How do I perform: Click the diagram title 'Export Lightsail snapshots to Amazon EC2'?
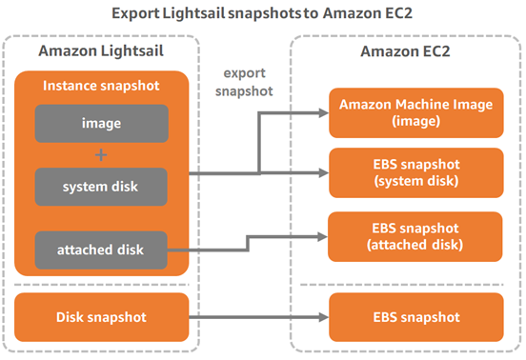click(x=262, y=14)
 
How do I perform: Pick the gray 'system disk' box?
click(x=102, y=186)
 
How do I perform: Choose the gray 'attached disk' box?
click(x=102, y=250)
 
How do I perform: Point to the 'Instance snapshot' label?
click(x=101, y=87)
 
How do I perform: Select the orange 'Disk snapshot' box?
click(x=102, y=315)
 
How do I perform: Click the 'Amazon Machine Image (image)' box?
click(x=414, y=113)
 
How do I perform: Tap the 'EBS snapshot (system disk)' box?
click(x=414, y=172)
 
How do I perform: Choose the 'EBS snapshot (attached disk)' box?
click(x=414, y=235)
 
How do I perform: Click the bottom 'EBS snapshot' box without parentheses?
click(x=414, y=315)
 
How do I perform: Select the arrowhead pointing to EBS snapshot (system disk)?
click(x=321, y=173)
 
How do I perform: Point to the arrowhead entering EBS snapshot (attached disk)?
click(x=321, y=235)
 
